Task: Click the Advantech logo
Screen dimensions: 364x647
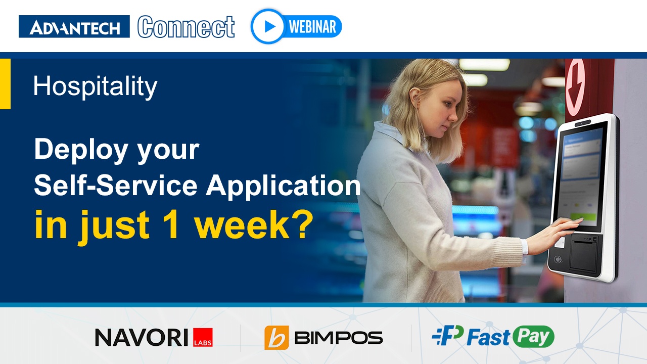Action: point(74,27)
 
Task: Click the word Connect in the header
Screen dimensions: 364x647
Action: point(186,27)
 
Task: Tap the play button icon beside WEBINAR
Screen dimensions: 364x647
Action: point(268,26)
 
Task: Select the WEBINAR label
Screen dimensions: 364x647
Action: point(312,27)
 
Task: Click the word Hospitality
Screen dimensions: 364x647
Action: point(95,86)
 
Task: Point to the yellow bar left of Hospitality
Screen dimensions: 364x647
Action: point(5,83)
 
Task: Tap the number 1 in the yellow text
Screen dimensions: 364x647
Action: point(171,226)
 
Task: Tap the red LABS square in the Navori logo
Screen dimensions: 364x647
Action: point(203,337)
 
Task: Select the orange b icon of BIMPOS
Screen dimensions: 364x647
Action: point(276,338)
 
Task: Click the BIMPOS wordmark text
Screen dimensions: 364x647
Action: point(338,338)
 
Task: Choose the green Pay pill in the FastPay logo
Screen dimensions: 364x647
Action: point(533,337)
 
